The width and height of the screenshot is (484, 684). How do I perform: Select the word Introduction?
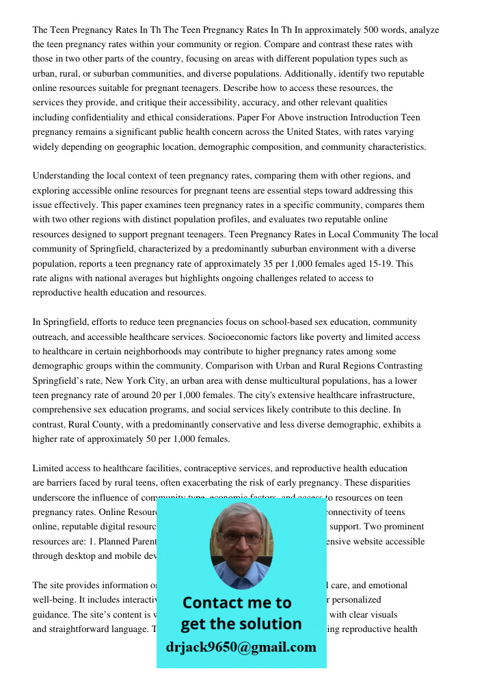click(x=371, y=118)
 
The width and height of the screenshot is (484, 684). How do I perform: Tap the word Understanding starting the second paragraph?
click(x=64, y=176)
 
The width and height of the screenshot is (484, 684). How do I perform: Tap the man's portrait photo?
click(x=241, y=545)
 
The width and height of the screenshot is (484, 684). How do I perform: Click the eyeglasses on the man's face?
click(x=241, y=538)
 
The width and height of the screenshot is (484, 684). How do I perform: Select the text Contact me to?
click(x=237, y=603)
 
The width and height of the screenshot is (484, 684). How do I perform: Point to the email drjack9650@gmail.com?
click(x=241, y=647)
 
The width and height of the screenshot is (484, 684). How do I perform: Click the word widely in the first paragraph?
click(x=46, y=146)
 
